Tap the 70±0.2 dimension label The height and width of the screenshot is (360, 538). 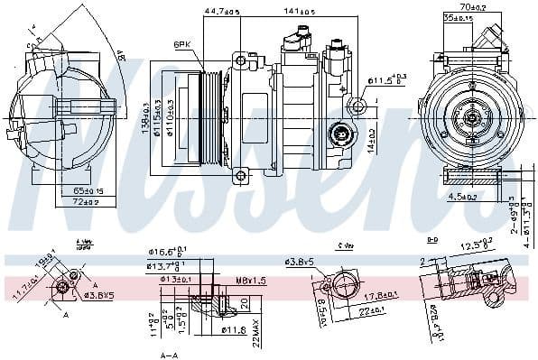pyautogui.click(x=472, y=6)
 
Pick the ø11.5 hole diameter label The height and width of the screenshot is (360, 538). pyautogui.click(x=387, y=78)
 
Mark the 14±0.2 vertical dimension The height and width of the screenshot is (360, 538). pyautogui.click(x=372, y=136)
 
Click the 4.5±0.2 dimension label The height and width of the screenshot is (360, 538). pyautogui.click(x=461, y=196)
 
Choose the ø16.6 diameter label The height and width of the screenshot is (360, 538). pyautogui.click(x=168, y=253)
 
